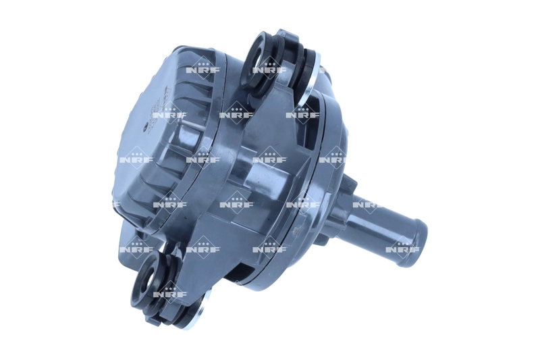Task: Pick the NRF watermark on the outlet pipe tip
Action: point(403,248)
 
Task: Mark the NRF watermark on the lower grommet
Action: point(169,294)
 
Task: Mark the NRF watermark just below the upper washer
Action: point(302,114)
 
